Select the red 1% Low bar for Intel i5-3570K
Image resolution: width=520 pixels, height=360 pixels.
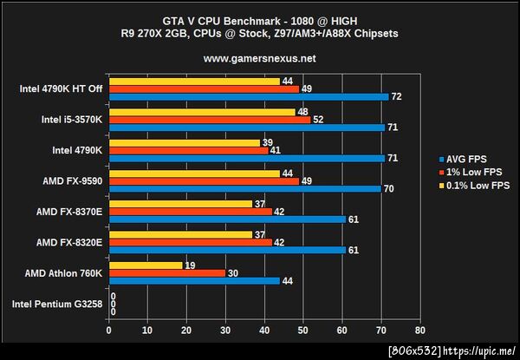tap(209, 120)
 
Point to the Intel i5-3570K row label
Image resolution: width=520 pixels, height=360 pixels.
tap(71, 120)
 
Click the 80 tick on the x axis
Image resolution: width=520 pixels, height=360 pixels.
tap(420, 331)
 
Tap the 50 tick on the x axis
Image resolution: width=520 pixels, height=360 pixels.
tap(303, 331)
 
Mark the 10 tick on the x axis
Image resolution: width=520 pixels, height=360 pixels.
tap(147, 331)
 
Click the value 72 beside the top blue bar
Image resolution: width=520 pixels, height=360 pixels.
tap(397, 96)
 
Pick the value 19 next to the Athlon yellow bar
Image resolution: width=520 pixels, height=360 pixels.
tap(191, 265)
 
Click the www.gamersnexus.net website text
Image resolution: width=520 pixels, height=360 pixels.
tap(259, 59)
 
